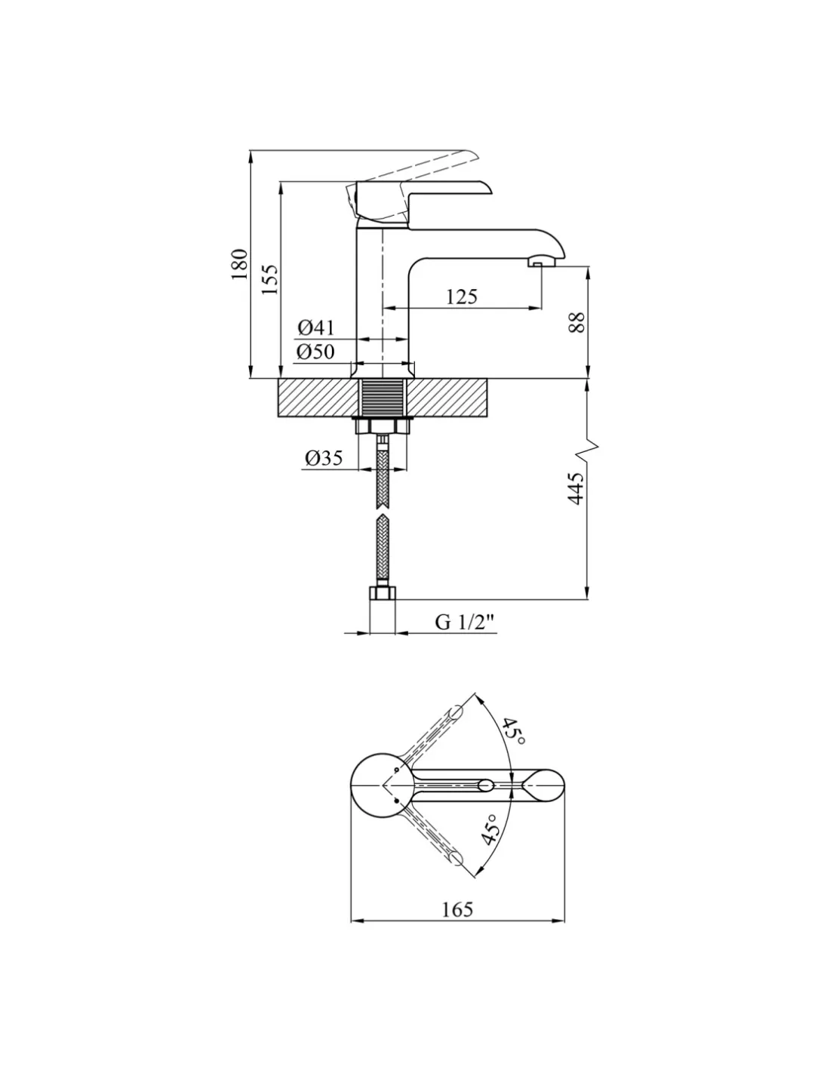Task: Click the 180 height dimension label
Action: coord(239,263)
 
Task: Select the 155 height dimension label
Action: coord(269,279)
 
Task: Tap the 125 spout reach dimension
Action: coord(462,297)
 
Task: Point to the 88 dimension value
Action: coord(576,322)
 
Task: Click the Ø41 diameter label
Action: coord(316,327)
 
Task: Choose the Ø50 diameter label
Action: coord(316,352)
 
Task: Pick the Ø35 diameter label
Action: coord(324,458)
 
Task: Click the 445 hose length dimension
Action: coord(576,489)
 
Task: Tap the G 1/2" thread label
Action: coord(465,622)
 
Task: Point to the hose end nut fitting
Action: coord(383,592)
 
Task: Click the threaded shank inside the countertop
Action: coord(383,398)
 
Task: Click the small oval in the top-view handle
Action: coord(486,785)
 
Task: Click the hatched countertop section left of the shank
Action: coord(318,398)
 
